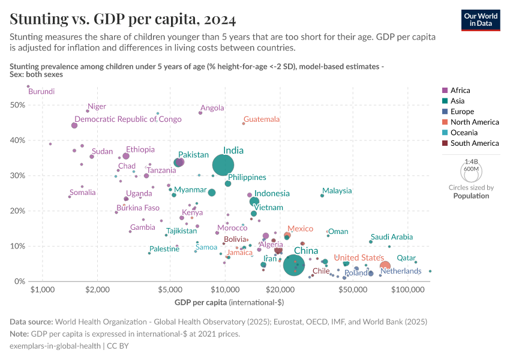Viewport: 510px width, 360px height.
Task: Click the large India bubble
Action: [223, 165]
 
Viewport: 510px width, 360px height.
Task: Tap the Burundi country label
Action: [41, 92]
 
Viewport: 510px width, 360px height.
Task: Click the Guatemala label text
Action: [262, 119]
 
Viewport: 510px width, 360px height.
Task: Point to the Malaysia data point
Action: [322, 196]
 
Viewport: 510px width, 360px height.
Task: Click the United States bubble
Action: [385, 266]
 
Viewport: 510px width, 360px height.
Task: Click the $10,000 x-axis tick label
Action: [225, 290]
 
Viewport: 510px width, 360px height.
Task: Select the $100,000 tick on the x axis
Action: [408, 290]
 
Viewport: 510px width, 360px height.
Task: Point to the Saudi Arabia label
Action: [391, 237]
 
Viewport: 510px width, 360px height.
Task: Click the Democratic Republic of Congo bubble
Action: [74, 125]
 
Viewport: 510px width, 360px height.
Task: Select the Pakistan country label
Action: [193, 155]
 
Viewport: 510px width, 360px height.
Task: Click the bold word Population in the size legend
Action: [471, 196]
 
